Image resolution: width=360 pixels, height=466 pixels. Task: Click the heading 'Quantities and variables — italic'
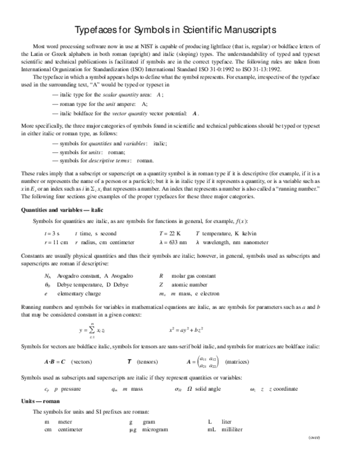(62, 210)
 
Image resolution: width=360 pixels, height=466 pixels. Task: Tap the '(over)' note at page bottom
(314, 437)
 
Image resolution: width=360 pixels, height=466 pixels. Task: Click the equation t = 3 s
(52, 234)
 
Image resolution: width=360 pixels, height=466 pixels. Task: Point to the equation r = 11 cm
(56, 242)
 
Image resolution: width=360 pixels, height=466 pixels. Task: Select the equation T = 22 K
(170, 234)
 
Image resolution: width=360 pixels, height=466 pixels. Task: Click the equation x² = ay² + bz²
(187, 330)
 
